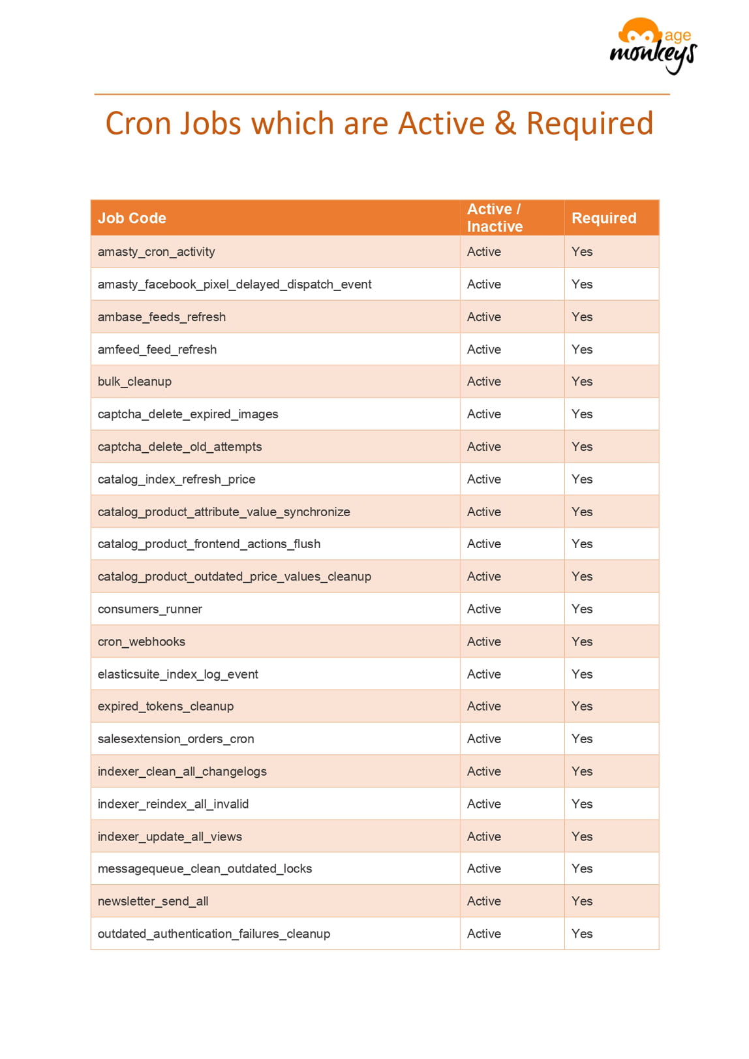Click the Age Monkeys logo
click(x=652, y=46)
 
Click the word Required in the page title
click(x=589, y=123)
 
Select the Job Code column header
click(x=132, y=218)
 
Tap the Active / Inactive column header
click(x=495, y=217)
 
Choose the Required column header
click(x=604, y=218)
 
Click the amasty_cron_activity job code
click(x=156, y=252)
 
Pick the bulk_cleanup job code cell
click(x=134, y=382)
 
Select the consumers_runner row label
click(x=149, y=609)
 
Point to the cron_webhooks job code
click(x=141, y=641)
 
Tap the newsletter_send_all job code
click(x=153, y=901)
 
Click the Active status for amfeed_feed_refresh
click(x=483, y=349)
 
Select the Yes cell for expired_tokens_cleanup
click(x=581, y=706)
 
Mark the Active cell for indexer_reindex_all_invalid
click(x=483, y=804)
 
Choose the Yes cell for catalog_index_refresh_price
click(x=581, y=479)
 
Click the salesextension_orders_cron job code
click(x=176, y=739)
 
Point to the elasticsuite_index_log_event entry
click(x=177, y=674)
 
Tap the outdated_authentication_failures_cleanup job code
click(x=213, y=934)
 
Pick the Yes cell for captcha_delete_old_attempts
click(x=581, y=446)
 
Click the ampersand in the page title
click(x=505, y=123)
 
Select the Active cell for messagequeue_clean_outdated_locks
click(x=483, y=868)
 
